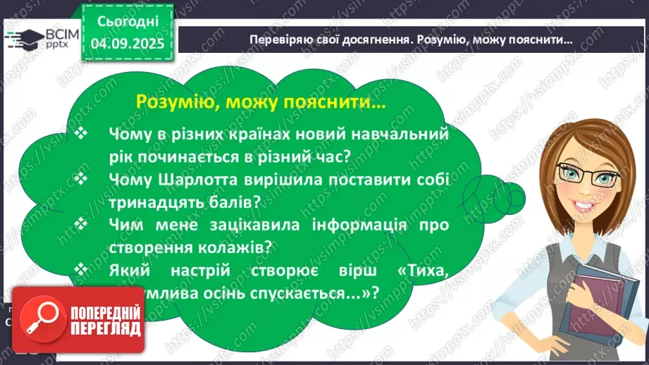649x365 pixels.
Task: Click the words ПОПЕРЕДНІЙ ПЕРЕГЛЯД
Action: point(105,321)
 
